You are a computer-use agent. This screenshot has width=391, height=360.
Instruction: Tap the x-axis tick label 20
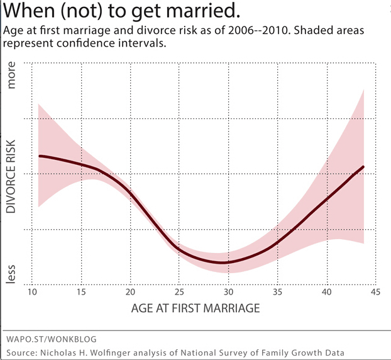tap(130, 293)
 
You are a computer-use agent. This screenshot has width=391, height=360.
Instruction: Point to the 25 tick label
tap(179, 293)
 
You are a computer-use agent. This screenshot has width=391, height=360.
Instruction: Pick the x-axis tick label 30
tap(228, 293)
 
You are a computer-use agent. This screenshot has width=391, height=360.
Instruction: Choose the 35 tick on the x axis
tap(277, 293)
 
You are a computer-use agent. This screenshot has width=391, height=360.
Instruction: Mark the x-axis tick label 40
tap(326, 293)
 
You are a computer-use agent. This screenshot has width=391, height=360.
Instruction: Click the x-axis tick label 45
tap(375, 293)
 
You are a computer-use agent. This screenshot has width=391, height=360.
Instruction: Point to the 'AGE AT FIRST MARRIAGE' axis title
tap(195, 310)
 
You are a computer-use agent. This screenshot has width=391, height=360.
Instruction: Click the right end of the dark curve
tap(364, 167)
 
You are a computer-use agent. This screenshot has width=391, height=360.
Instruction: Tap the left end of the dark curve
tap(39, 155)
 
